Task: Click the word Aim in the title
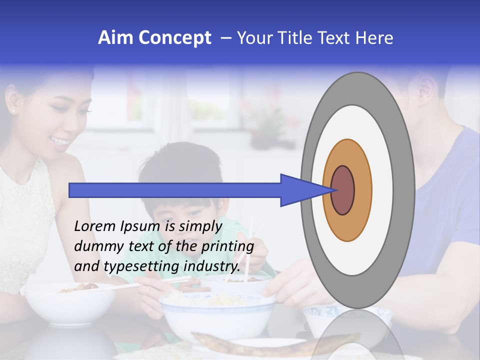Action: click(116, 38)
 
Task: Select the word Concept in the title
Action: click(174, 38)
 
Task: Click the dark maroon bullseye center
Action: click(343, 190)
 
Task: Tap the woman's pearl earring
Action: click(12, 110)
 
